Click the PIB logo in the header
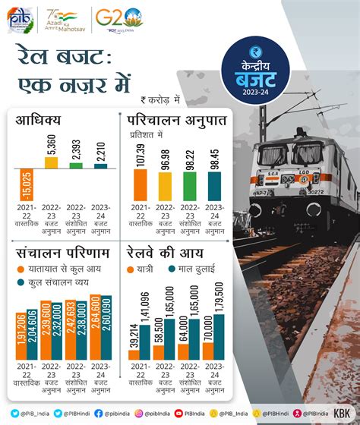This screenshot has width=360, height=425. (x=21, y=17)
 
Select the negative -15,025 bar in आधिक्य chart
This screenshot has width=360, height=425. (x=27, y=185)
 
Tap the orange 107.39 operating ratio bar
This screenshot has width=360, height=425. (x=139, y=184)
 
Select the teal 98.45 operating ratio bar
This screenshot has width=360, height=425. (x=214, y=186)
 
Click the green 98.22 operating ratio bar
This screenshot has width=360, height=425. (x=189, y=186)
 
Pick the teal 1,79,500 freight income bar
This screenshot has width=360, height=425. (x=219, y=326)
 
